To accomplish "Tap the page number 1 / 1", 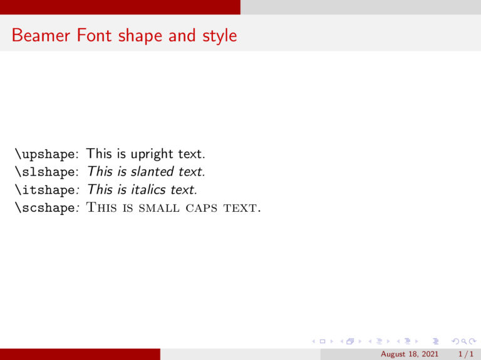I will [464, 354].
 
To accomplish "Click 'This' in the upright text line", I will [99, 153].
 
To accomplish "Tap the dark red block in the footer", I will [80, 354].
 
